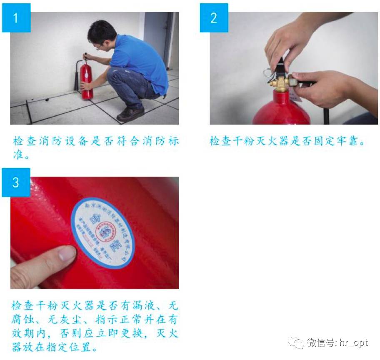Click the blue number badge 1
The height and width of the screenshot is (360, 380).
coord(16,18)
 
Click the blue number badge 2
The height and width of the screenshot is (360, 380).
coord(214,18)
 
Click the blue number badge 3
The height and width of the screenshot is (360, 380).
coord(16,182)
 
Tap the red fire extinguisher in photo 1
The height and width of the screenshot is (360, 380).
coord(87,81)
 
